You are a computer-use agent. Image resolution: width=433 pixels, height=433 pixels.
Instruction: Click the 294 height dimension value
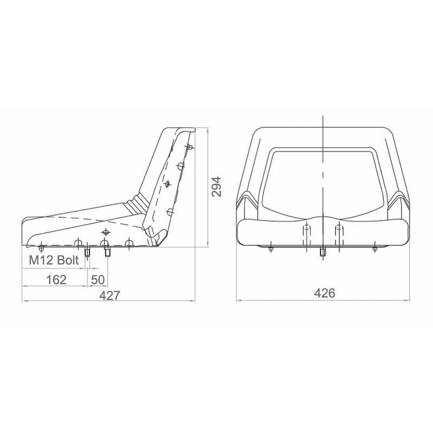click(x=216, y=187)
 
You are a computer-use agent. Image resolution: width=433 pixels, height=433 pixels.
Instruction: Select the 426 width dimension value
click(x=325, y=293)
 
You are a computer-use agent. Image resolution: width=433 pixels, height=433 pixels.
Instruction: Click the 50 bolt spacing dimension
click(x=98, y=279)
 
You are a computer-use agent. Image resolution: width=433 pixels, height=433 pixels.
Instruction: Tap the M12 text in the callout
click(x=40, y=261)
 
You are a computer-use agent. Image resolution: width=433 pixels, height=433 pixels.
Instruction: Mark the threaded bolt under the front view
click(x=323, y=251)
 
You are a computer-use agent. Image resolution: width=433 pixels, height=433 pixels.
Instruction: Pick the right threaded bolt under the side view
click(x=107, y=252)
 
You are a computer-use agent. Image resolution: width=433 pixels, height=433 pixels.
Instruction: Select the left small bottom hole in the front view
click(x=270, y=248)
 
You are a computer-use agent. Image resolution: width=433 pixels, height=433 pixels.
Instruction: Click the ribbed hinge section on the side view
click(x=135, y=204)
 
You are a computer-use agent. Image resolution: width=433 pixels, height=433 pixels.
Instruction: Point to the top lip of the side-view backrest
click(x=183, y=128)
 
